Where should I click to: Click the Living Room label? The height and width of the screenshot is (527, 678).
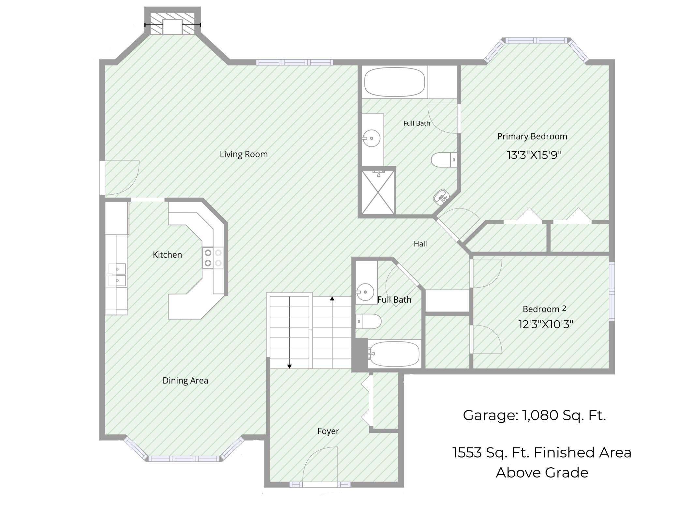(x=243, y=154)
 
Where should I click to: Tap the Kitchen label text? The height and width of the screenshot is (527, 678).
(x=167, y=255)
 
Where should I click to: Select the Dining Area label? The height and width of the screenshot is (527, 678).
(x=185, y=381)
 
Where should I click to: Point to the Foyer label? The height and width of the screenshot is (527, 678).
(x=328, y=431)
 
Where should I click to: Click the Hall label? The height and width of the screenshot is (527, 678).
(x=420, y=244)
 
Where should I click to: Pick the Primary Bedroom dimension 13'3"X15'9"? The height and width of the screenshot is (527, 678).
(x=534, y=155)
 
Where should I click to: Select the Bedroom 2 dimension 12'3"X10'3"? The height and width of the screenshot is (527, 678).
(x=546, y=324)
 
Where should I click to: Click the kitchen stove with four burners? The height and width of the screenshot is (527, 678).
(x=213, y=258)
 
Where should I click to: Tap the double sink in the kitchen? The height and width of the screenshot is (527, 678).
(x=117, y=275)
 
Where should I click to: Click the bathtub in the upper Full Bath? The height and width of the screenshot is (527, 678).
(x=394, y=82)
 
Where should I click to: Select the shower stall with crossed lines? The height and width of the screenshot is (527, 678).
(x=378, y=192)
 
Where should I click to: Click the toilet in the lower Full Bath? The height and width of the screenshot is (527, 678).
(x=368, y=322)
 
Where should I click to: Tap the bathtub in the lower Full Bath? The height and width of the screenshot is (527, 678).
(x=394, y=354)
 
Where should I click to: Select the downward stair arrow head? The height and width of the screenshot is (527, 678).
(x=289, y=367)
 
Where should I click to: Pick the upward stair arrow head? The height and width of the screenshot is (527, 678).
(x=332, y=298)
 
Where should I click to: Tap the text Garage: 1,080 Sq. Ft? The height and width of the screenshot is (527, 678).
(x=534, y=415)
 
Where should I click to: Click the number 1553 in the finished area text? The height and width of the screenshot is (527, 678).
(x=467, y=453)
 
